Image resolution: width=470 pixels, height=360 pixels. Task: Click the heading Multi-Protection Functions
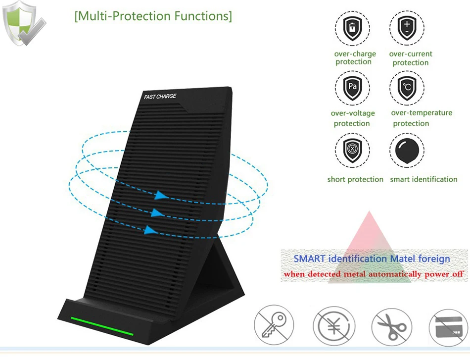153,16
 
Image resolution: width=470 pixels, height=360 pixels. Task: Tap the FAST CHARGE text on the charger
160,96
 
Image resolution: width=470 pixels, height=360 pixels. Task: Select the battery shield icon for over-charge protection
352,29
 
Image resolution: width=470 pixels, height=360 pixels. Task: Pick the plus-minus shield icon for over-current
407,28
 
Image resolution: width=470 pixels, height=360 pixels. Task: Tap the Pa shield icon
352,88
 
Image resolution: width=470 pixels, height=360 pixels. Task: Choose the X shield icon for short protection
352,150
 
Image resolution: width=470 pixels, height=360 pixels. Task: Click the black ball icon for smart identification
407,150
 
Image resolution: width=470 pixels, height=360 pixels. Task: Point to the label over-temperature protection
422,118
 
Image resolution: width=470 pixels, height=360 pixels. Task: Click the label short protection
355,179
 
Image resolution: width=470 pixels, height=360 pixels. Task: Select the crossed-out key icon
274,325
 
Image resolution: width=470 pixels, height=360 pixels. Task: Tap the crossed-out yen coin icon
334,326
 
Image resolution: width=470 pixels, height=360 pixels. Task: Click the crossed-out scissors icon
392,327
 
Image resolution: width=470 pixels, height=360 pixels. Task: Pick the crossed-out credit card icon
448,328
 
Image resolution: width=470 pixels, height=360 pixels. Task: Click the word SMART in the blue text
309,258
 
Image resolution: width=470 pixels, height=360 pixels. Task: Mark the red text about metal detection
374,274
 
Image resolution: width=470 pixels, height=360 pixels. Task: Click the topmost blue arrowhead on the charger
161,195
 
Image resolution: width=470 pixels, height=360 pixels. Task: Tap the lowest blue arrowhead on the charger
151,230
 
